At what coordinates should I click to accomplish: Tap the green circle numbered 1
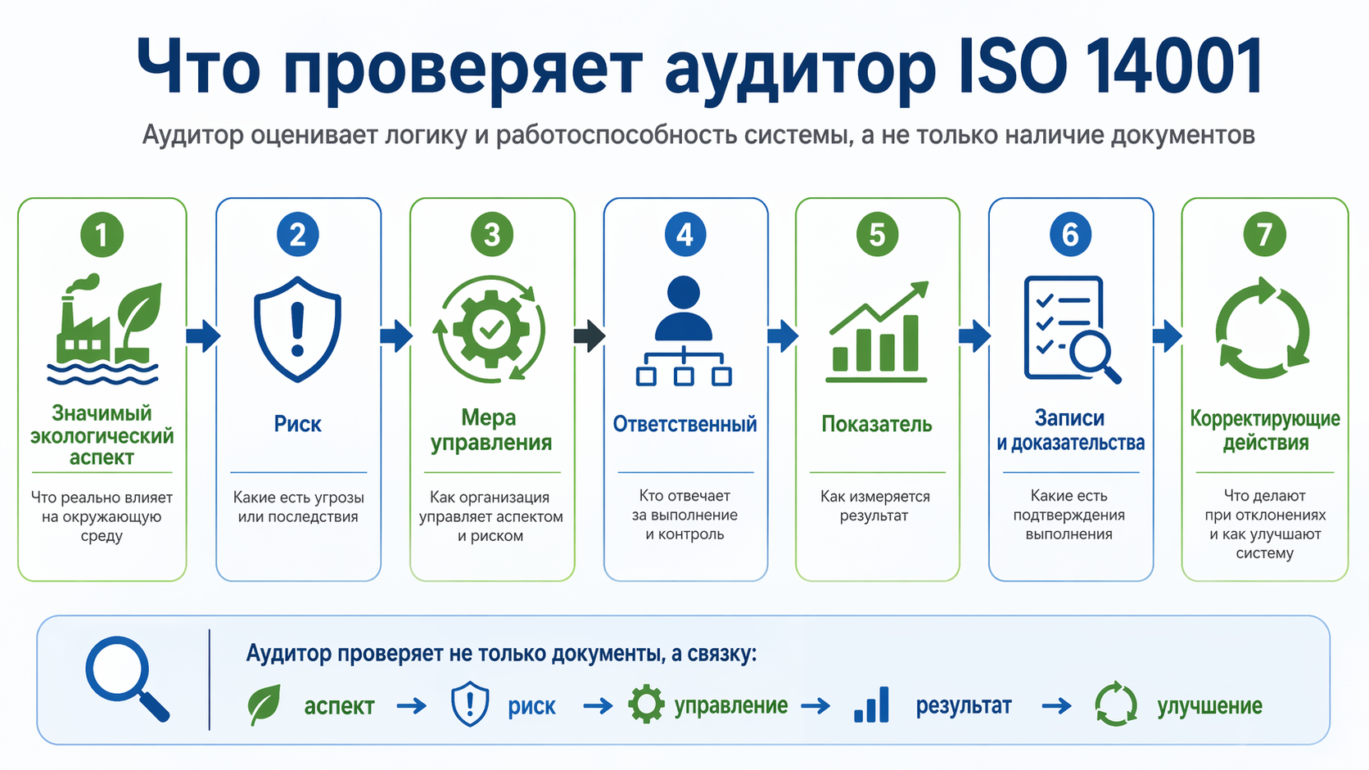tap(102, 235)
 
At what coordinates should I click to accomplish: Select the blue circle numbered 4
tap(685, 235)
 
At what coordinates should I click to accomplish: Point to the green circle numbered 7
tap(1264, 235)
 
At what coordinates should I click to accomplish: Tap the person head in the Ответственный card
tap(684, 292)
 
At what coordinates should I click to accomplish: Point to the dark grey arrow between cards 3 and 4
tap(590, 335)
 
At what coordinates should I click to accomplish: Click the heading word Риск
tap(298, 424)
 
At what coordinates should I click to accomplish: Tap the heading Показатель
tap(876, 424)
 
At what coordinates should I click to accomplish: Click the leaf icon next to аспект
tap(264, 705)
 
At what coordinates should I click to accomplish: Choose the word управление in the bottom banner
tap(731, 706)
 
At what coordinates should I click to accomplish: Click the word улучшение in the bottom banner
tap(1209, 706)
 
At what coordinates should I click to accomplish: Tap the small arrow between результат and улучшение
tap(1057, 706)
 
